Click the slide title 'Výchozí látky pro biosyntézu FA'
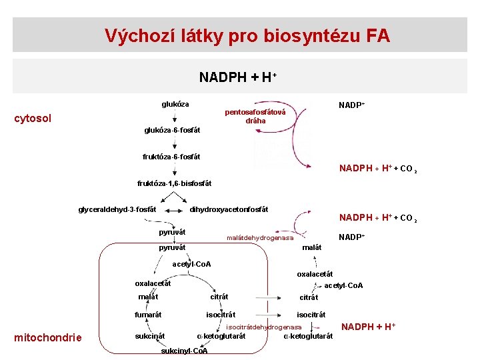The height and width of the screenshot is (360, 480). pos(247,35)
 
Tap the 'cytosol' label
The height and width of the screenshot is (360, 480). pos(33,119)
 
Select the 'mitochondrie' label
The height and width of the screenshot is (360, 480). pos(48,337)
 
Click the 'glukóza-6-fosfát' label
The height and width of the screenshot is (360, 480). pos(172,130)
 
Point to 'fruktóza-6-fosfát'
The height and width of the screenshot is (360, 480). pos(171,157)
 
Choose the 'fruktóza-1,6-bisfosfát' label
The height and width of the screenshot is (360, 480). pos(174,183)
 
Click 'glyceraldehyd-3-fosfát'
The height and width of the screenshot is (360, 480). pos(117,209)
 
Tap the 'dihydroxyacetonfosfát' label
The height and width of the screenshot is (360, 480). pos(229,209)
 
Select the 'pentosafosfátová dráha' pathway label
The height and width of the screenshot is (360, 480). pos(255,116)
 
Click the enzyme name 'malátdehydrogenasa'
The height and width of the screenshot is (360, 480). pos(260,238)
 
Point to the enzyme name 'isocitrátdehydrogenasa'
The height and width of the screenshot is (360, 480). pos(264,327)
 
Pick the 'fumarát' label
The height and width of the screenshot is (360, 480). pos(148,314)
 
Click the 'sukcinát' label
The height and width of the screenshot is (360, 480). pos(150,335)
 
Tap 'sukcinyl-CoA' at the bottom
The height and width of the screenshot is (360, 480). pos(185,351)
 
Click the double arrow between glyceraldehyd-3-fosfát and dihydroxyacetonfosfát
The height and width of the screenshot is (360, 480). pos(173,210)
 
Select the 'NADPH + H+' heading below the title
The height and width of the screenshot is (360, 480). pos(237,77)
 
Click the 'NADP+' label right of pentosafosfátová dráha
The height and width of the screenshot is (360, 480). pos(351,105)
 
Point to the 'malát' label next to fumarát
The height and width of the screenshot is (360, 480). pos(148,297)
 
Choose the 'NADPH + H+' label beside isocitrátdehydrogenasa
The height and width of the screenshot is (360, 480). pos(369,326)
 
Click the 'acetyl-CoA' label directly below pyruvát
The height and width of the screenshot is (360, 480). pos(191,264)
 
